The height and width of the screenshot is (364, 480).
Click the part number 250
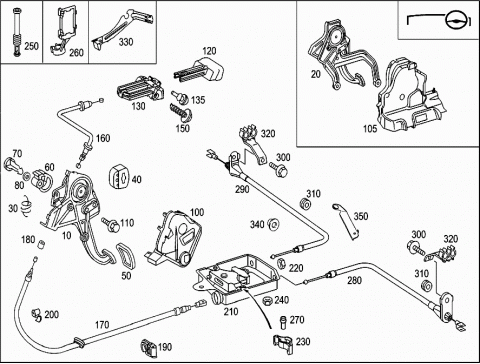click(31, 46)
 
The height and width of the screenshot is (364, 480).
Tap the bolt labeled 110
click(111, 224)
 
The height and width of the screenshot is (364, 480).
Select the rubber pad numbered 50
click(126, 256)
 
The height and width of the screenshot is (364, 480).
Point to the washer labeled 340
click(274, 224)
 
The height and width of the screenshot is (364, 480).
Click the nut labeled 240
click(267, 301)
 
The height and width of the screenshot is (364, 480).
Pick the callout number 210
click(231, 312)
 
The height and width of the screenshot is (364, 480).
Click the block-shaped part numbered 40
click(119, 176)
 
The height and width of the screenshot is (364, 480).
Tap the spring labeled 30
click(26, 208)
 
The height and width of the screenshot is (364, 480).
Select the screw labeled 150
click(180, 113)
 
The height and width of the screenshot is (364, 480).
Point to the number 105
click(370, 128)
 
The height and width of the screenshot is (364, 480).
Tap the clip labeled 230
click(283, 344)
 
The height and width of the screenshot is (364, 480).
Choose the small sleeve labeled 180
click(41, 244)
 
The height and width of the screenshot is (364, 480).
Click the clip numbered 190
click(148, 347)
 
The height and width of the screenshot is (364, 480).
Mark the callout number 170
click(102, 324)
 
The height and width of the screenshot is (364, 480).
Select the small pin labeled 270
click(283, 321)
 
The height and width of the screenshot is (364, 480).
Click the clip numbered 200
click(37, 315)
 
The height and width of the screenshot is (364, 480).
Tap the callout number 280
click(354, 280)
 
